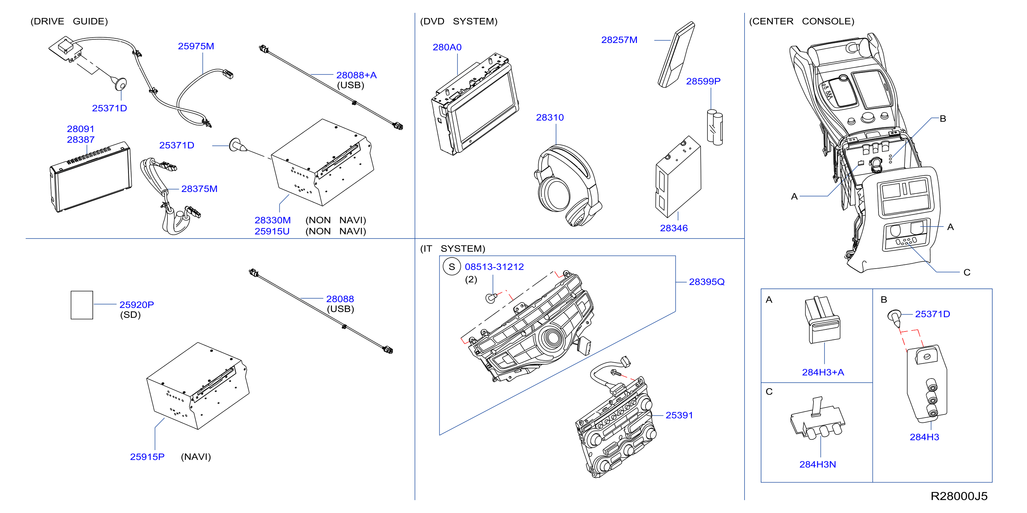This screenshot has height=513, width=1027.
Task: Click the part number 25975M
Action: pyautogui.click(x=196, y=46)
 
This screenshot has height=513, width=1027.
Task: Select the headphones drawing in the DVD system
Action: pyautogui.click(x=568, y=186)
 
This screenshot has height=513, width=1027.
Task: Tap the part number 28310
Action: pyautogui.click(x=550, y=118)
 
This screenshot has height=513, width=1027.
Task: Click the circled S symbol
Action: pyautogui.click(x=452, y=267)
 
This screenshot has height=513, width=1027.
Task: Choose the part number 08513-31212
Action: pyautogui.click(x=494, y=267)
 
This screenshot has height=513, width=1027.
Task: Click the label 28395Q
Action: pyautogui.click(x=706, y=282)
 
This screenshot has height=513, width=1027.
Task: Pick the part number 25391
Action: pyautogui.click(x=679, y=416)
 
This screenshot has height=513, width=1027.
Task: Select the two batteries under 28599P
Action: pyautogui.click(x=714, y=128)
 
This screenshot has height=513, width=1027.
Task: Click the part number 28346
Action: pyautogui.click(x=674, y=228)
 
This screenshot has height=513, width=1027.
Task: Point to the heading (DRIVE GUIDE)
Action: pyautogui.click(x=69, y=21)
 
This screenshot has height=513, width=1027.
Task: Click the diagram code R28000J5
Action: pyautogui.click(x=959, y=496)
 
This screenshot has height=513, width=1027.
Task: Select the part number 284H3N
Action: pyautogui.click(x=817, y=464)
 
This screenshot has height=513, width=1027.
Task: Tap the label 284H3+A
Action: pyautogui.click(x=823, y=372)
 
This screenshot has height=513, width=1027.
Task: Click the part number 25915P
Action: pyautogui.click(x=147, y=457)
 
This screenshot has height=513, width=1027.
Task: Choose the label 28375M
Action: pyautogui.click(x=199, y=189)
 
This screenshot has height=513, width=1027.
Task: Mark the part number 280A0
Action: pyautogui.click(x=447, y=47)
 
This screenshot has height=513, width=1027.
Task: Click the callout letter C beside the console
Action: pyautogui.click(x=967, y=272)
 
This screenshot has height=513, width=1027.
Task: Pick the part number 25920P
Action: pyautogui.click(x=136, y=305)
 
